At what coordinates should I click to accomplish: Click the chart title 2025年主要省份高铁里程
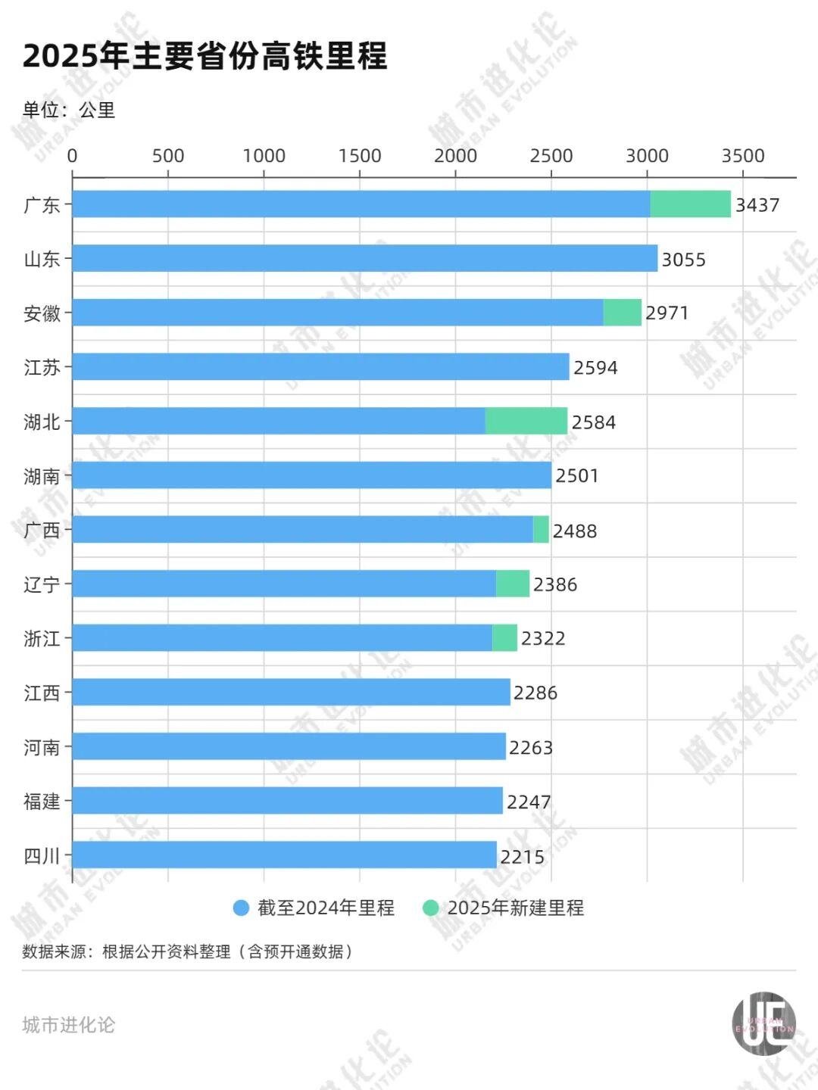204,56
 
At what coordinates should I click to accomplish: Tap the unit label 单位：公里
69,111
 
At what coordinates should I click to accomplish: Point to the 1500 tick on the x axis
359,156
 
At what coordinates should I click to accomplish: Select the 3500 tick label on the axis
742,156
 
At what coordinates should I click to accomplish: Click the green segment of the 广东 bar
690,204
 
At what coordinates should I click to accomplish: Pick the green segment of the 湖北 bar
526,421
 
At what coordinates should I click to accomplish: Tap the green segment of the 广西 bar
541,530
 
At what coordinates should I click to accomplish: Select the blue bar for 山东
364,258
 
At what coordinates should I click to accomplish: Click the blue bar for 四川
284,855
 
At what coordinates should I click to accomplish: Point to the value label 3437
757,205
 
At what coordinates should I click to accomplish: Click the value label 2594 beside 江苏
595,368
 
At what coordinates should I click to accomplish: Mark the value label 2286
535,693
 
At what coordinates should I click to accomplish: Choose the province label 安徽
42,313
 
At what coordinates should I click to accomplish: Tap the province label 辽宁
42,584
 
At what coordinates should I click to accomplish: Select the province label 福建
42,801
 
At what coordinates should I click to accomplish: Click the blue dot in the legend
241,908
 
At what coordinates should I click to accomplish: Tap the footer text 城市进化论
69,1025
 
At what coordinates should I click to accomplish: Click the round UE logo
763,1023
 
